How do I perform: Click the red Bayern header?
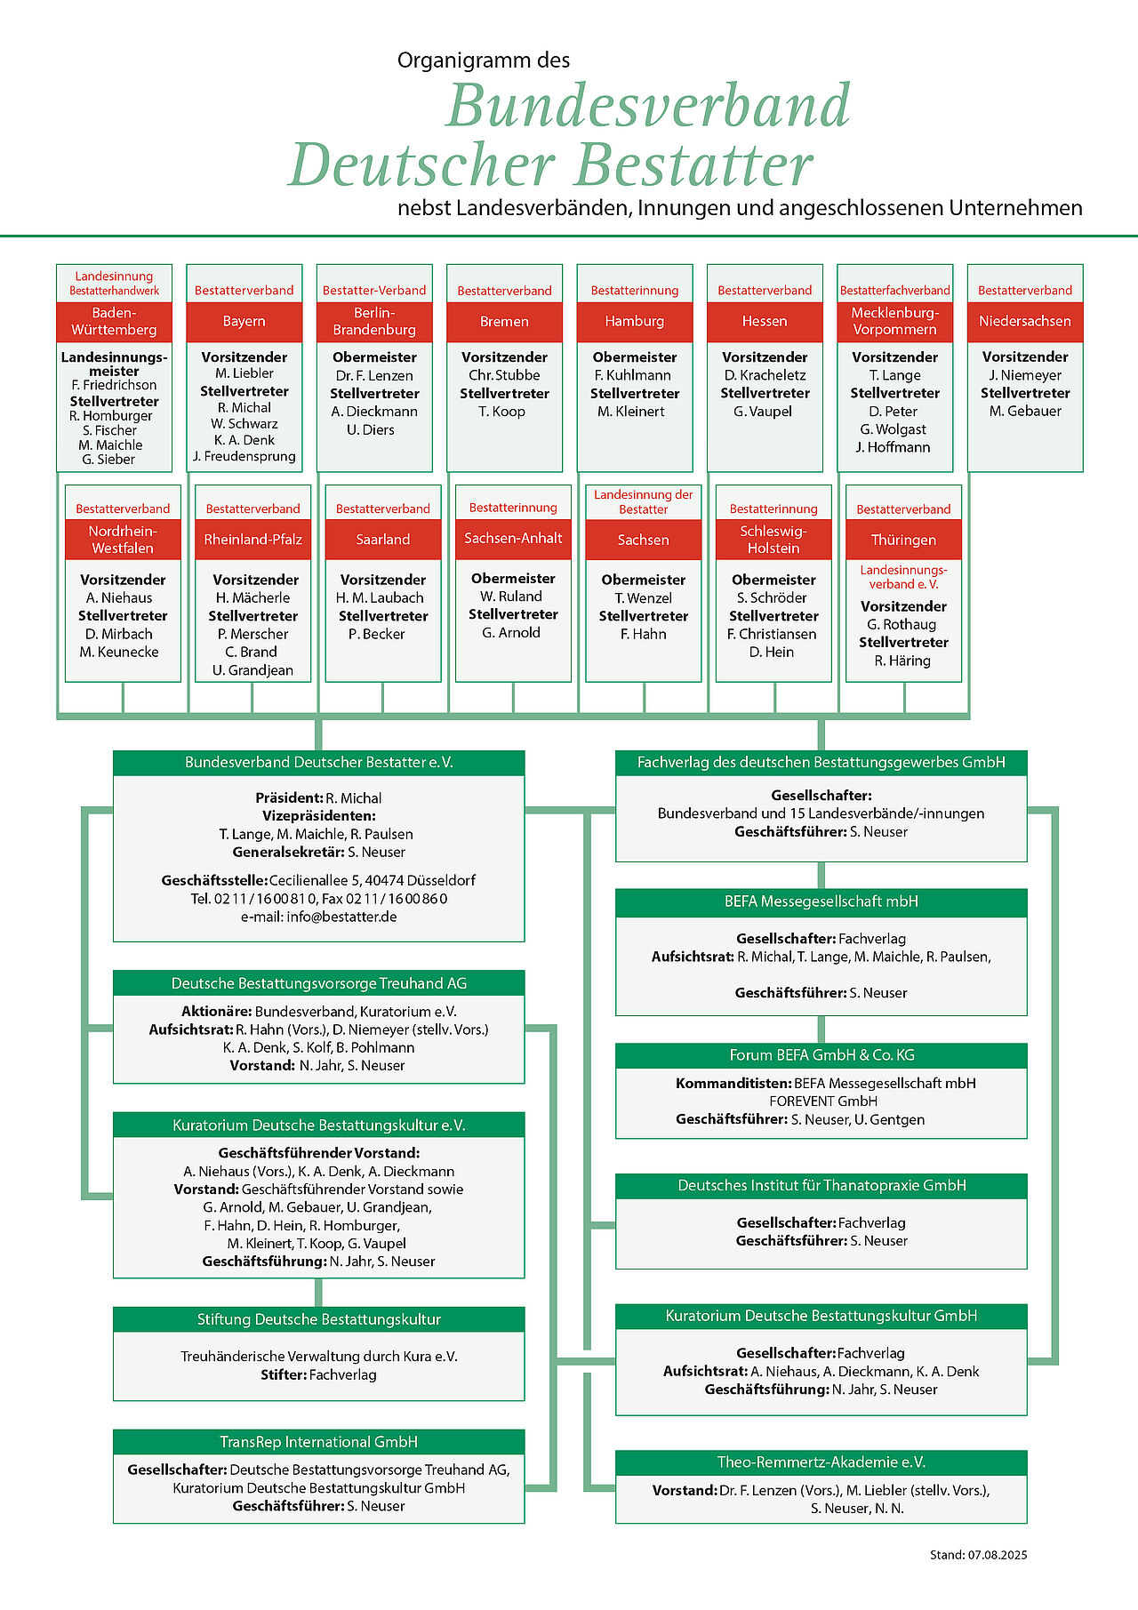point(244,321)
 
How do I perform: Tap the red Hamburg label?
point(635,321)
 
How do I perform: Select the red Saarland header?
point(383,540)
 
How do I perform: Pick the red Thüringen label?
point(903,540)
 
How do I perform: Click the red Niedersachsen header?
point(1025,321)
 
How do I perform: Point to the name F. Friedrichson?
point(114,385)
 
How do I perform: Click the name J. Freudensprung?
point(244,457)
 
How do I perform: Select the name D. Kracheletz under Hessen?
point(765,375)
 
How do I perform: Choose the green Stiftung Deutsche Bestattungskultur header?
point(318,1319)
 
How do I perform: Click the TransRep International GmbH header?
point(318,1442)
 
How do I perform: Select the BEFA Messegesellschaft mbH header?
point(821,902)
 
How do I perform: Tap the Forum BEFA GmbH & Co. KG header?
point(821,1055)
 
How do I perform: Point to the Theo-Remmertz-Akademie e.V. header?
point(821,1462)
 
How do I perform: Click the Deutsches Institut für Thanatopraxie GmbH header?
point(821,1186)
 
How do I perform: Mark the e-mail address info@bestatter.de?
point(341,917)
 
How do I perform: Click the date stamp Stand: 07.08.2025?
point(978,1555)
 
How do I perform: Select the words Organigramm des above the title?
point(484,60)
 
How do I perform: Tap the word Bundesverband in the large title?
point(649,105)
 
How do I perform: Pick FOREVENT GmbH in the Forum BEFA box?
point(823,1101)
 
